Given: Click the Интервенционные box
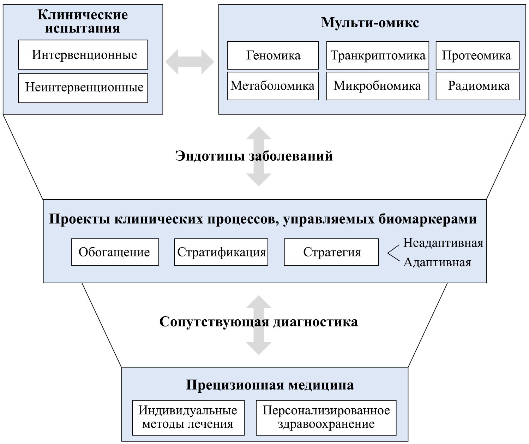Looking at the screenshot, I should [x=83, y=55].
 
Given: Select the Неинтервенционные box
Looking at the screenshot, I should [x=83, y=88].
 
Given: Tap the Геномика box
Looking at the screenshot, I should [x=273, y=55].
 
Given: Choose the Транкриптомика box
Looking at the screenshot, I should [x=378, y=55].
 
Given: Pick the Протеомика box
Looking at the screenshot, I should [x=477, y=55].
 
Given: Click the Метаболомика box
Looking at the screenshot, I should [x=273, y=86].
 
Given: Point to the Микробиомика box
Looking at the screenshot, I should [x=378, y=86].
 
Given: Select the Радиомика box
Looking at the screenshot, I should [x=477, y=86].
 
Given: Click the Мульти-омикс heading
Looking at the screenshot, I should [x=370, y=23].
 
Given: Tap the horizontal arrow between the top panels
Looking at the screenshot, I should [x=190, y=62].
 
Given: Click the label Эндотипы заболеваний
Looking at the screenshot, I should [x=254, y=156].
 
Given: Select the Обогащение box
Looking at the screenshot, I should [x=115, y=252].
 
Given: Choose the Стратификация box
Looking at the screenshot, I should [x=221, y=252].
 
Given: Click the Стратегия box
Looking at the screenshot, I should [x=331, y=252].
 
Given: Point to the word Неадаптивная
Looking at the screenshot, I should [x=443, y=243].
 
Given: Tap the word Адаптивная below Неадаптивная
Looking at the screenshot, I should [x=437, y=262].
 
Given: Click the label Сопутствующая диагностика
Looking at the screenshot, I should [x=258, y=322].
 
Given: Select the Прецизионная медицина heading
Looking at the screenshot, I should [x=270, y=385].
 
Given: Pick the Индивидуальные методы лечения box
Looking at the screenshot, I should [x=188, y=418].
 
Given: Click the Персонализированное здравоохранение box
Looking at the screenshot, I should [x=326, y=418].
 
